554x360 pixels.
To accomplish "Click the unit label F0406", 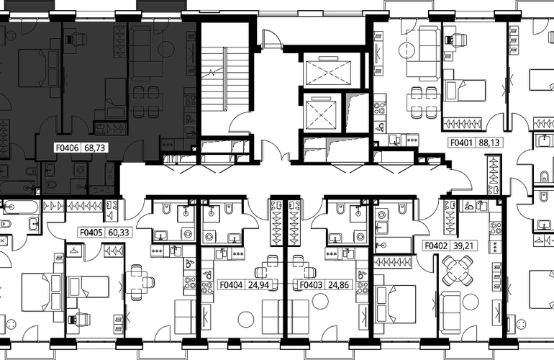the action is tap(68, 148).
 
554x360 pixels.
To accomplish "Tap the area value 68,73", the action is tap(95, 148).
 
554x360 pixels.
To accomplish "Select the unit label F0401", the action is tap(462, 143).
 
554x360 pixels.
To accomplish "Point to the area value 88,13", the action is tap(489, 143).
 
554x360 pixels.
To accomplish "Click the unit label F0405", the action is tap(91, 233).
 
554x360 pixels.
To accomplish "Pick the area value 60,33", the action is tap(119, 233).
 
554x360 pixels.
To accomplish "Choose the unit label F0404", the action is tap(231, 284).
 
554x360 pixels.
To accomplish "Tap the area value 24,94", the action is tap(258, 284).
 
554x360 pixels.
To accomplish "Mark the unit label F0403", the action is tap(311, 284).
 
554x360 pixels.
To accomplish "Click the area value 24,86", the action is tap(338, 284).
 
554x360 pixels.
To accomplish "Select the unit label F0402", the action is tap(436, 246).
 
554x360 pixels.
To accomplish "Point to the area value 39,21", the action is tap(463, 246).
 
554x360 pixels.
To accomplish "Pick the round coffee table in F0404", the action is tap(246, 320).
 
